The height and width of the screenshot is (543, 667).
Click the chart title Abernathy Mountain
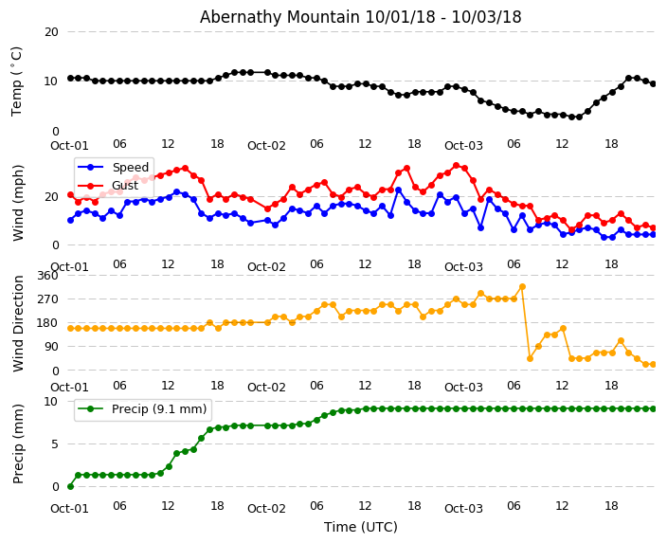point(360,17)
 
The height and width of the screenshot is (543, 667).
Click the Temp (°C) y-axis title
point(17,81)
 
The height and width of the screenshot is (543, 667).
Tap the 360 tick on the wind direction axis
point(47,275)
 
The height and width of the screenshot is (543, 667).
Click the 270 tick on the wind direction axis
point(47,299)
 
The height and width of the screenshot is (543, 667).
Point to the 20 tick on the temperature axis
point(51,31)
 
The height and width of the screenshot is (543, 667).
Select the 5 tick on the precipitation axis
point(55,443)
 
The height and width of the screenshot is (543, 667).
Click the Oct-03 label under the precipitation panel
point(463,508)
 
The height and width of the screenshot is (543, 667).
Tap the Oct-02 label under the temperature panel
point(266,145)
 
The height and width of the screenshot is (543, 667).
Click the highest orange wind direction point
point(521,286)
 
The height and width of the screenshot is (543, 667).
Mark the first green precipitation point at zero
point(70,486)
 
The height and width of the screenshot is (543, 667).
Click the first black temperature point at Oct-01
point(70,78)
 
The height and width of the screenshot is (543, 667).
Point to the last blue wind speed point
point(653,234)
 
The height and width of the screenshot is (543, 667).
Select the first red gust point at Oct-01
point(70,194)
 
